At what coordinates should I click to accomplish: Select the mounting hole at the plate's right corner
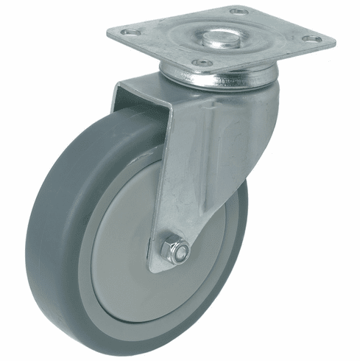point(312,38)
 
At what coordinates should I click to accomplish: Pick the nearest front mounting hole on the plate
point(198,64)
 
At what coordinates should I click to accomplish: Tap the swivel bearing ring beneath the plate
point(221,77)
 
